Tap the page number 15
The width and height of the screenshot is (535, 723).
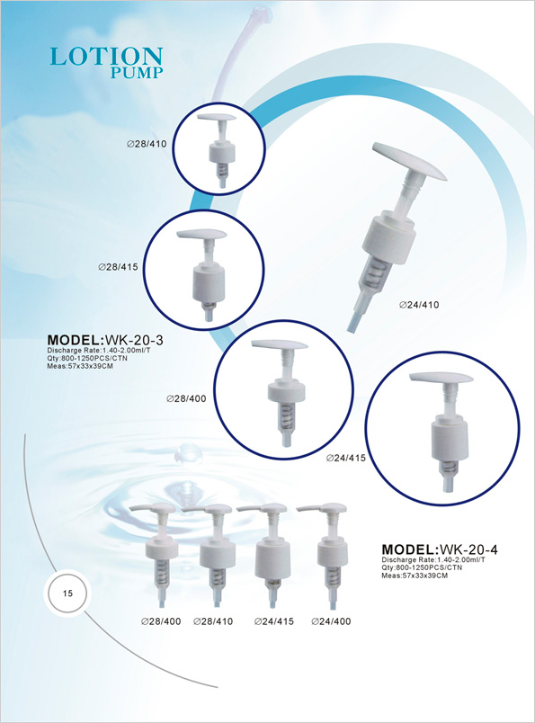68,594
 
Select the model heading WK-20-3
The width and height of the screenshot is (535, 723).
104,340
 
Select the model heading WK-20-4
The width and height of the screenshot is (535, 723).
440,549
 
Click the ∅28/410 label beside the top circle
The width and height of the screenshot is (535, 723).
147,143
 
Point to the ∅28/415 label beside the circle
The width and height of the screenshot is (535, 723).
118,267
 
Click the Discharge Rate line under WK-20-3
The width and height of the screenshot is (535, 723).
98,351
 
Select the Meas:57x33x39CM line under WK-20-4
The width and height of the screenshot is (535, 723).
415,576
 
